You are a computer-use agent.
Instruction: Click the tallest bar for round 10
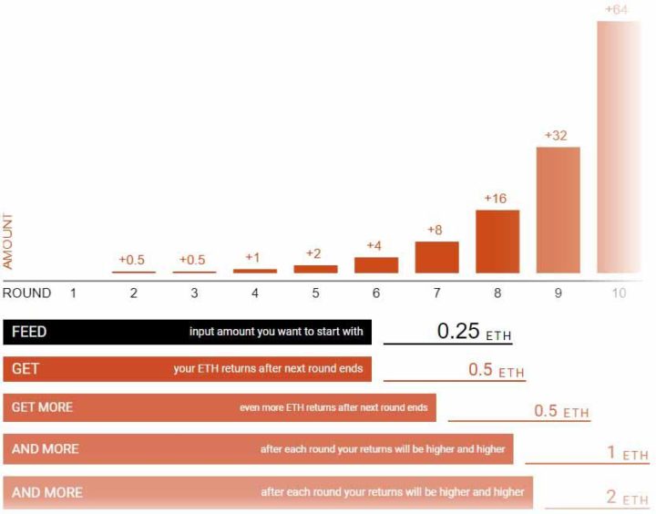619,146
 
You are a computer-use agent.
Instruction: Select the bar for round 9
558,210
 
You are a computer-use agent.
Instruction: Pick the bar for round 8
497,242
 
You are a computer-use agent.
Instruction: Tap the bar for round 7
436,257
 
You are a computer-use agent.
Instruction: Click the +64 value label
618,10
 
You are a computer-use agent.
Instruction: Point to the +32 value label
557,135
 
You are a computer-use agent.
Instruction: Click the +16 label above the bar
497,198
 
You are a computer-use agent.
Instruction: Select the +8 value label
436,230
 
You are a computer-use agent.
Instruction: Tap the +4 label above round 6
375,245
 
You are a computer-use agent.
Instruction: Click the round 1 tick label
73,293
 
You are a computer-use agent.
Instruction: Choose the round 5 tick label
315,293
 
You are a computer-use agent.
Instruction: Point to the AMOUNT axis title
9,241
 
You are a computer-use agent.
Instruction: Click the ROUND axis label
26,293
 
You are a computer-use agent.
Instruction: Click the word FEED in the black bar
29,332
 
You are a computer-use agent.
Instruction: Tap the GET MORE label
42,406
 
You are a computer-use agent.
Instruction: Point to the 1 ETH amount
627,453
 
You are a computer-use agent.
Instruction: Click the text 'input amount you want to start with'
276,332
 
